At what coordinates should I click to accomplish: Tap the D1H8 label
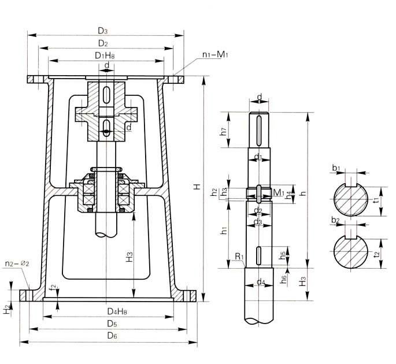coord(107,55)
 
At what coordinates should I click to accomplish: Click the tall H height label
coord(197,187)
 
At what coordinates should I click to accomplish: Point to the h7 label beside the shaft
coord(223,133)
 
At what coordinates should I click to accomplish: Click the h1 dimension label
coord(223,231)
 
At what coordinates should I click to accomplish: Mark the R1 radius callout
coord(238,257)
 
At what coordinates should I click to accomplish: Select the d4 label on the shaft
coord(261,283)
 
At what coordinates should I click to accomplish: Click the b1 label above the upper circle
coord(336,168)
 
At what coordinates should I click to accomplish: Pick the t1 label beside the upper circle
coord(376,200)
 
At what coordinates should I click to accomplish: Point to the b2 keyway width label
coord(336,220)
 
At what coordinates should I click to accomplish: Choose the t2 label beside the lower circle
coord(377,254)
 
